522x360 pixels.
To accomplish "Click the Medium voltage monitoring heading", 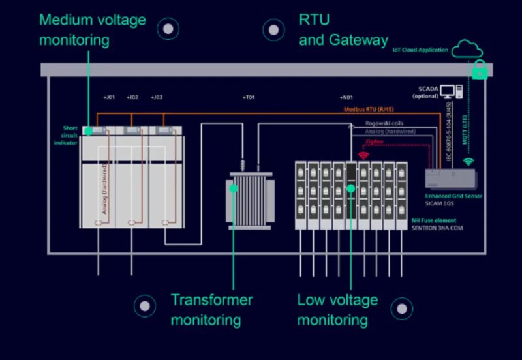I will click(x=92, y=30).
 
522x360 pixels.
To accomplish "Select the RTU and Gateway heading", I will click(x=343, y=30).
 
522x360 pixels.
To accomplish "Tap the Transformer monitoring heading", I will click(x=211, y=310).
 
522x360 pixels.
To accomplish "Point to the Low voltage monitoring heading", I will click(x=337, y=310).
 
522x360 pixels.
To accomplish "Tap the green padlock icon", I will click(x=480, y=70).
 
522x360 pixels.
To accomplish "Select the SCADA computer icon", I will click(x=450, y=92).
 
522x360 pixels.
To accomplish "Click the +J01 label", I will click(x=109, y=97).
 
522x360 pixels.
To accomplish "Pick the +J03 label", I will click(x=157, y=97).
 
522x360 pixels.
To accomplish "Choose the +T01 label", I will click(x=249, y=97).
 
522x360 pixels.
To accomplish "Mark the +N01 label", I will click(x=346, y=97).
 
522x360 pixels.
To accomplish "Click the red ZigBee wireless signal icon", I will click(x=363, y=155).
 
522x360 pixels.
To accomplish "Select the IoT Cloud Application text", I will click(x=420, y=50).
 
